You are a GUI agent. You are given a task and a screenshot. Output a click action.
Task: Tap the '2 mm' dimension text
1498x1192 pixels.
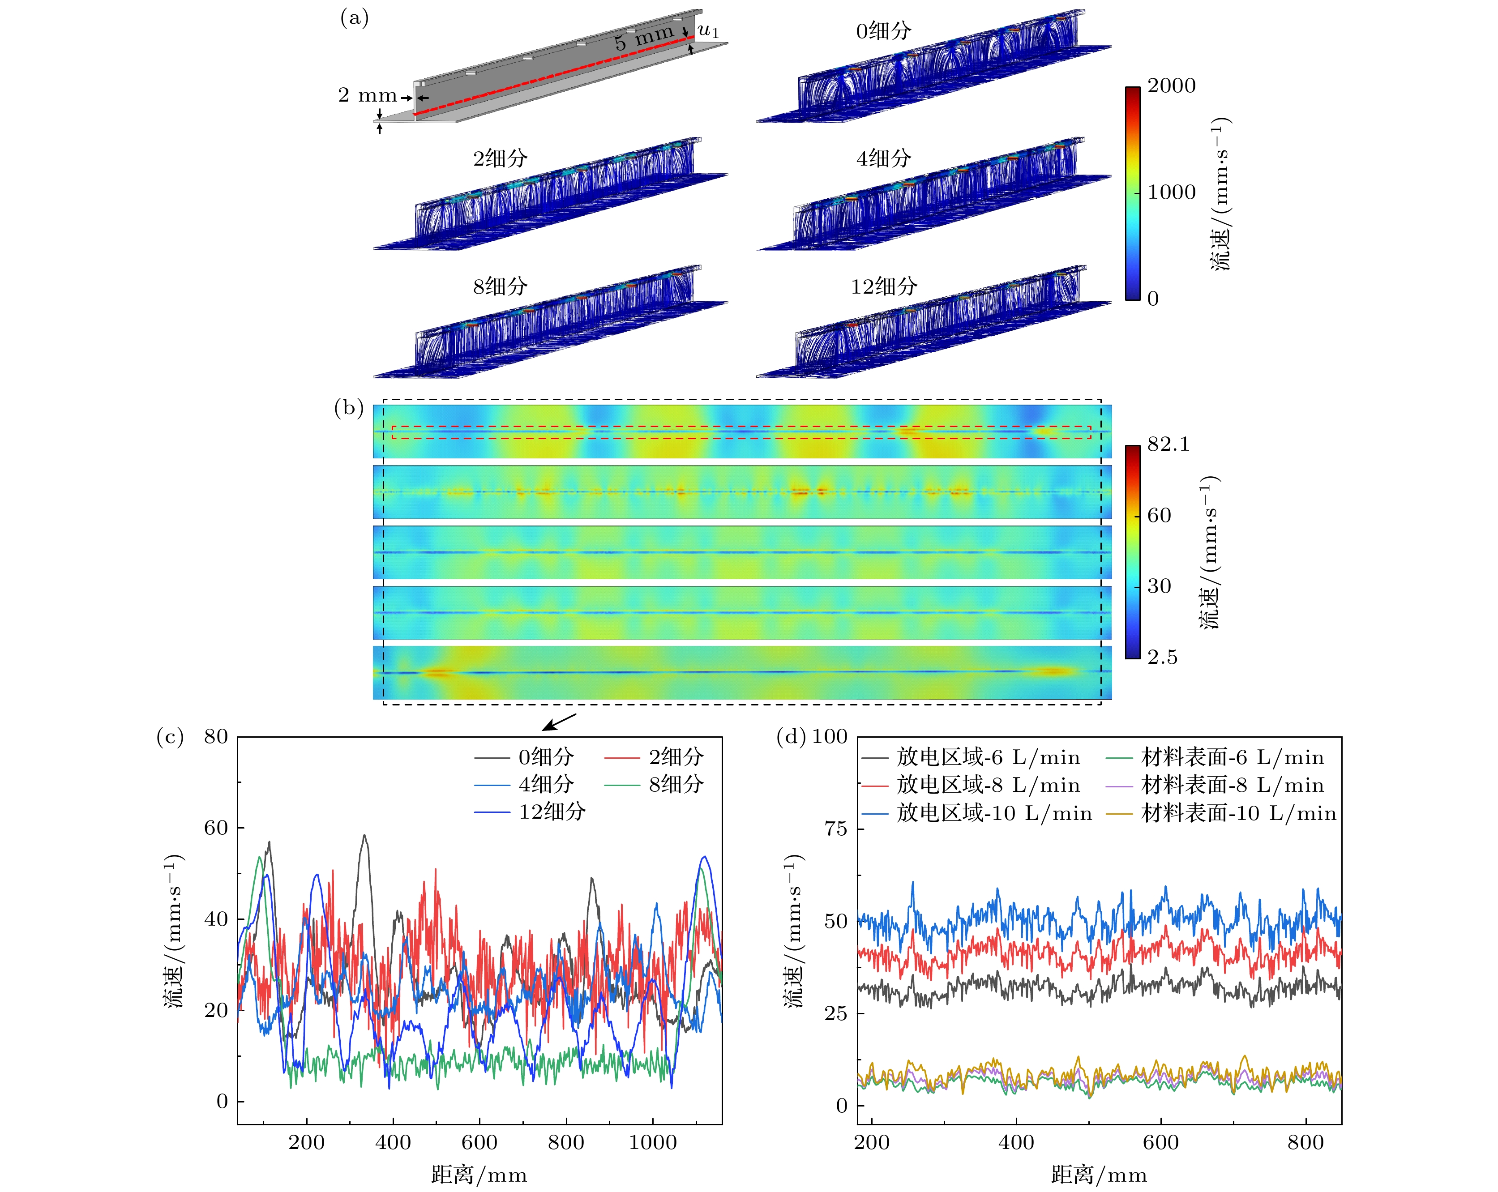coord(367,95)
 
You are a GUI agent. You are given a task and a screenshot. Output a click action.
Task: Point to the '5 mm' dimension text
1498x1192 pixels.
coord(643,37)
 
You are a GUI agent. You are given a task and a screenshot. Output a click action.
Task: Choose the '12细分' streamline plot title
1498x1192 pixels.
coord(884,286)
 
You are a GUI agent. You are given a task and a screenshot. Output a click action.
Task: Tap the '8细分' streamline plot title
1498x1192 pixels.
coord(500,286)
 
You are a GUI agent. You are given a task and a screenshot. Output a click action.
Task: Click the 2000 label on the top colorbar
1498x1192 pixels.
coord(1172,86)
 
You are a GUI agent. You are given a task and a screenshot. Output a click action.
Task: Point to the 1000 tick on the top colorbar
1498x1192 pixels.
coord(1172,192)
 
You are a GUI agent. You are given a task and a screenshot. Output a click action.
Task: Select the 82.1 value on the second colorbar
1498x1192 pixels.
coord(1168,444)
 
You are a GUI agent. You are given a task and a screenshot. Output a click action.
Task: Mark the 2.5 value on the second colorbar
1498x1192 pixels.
coord(1162,657)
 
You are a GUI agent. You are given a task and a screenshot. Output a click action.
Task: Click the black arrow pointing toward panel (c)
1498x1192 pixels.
coord(559,722)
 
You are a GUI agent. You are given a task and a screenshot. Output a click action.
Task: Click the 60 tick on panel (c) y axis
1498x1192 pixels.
coord(216,828)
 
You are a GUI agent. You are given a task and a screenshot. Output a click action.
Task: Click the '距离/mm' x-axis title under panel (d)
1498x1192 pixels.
coord(1099,1175)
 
